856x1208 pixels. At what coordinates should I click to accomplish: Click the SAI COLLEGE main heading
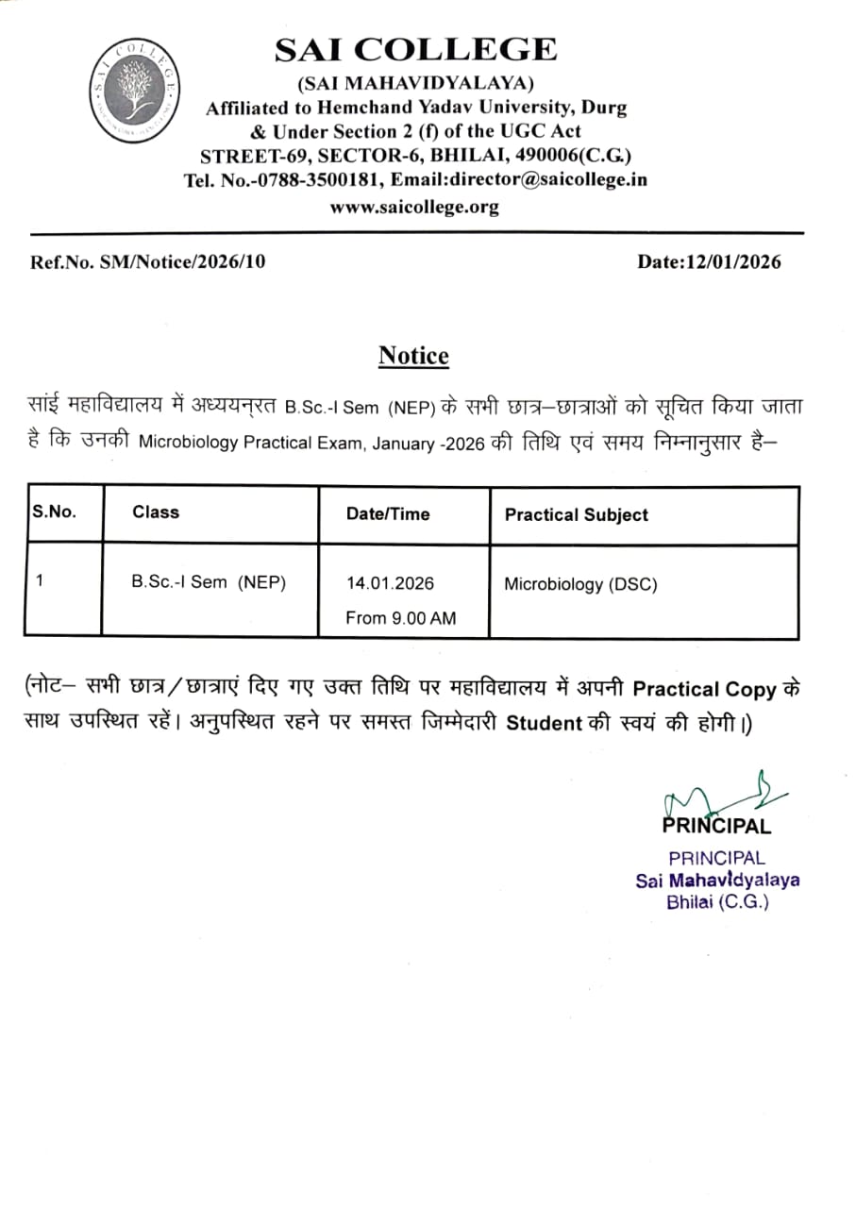tap(415, 49)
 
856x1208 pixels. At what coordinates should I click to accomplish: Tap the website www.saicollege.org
tap(414, 207)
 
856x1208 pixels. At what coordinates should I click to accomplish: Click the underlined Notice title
tap(413, 356)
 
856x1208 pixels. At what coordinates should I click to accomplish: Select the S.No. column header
tap(54, 512)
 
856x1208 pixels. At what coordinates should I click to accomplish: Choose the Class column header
tap(156, 512)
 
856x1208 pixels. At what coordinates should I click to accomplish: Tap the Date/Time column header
tap(387, 514)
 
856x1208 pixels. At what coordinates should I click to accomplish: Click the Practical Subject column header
tap(576, 515)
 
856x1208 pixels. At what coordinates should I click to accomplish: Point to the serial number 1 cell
tap(40, 581)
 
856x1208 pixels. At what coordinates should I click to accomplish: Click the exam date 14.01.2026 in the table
tap(390, 583)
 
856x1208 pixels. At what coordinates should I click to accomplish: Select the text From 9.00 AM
tap(400, 618)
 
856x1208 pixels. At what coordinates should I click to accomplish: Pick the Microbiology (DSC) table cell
tap(580, 584)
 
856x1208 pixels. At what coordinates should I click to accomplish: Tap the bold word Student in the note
tap(544, 725)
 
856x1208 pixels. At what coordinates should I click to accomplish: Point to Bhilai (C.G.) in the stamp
tap(717, 901)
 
